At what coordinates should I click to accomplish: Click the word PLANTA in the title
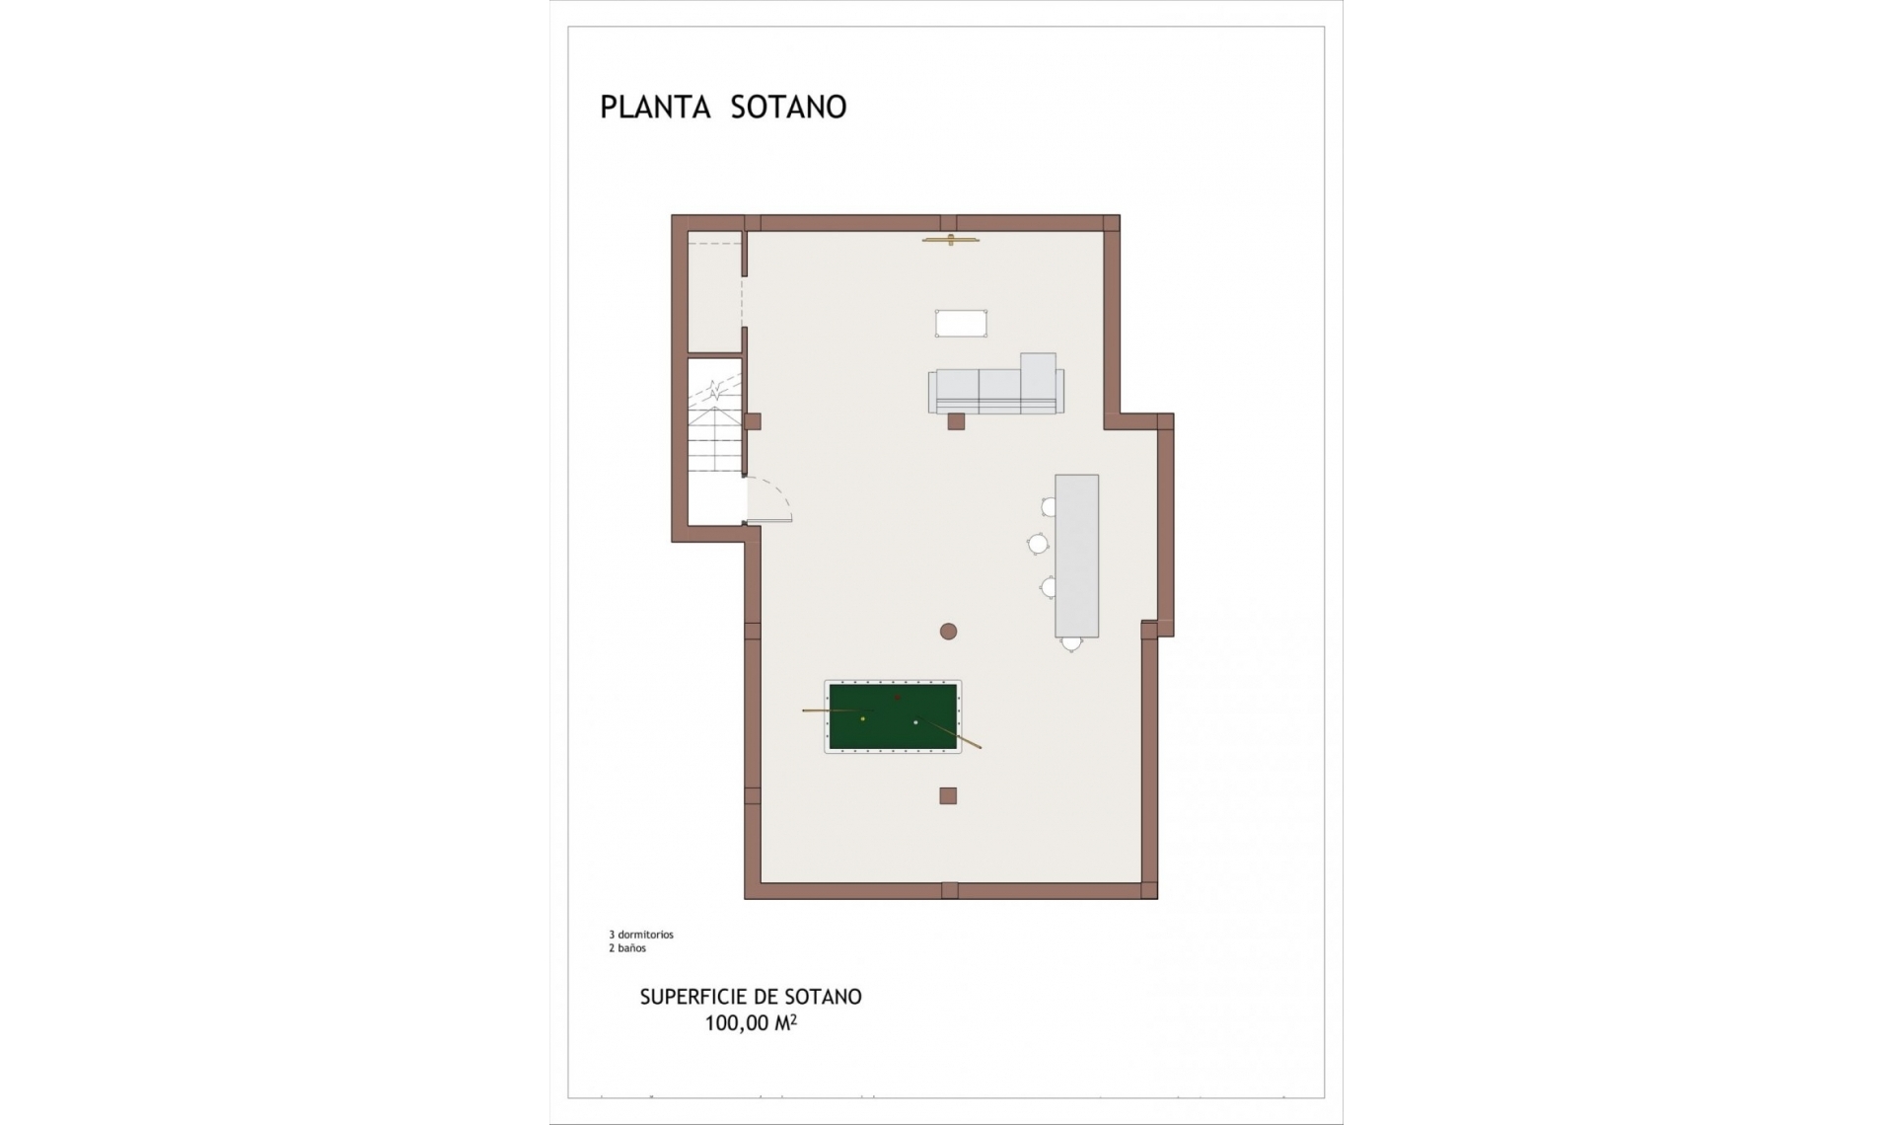655,108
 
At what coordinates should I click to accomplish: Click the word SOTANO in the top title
788,108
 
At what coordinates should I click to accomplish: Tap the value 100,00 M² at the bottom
750,1023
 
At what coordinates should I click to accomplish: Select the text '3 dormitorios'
641,935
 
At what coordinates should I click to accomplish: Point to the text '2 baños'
627,948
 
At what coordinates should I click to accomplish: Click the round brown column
948,632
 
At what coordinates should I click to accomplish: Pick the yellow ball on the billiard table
863,718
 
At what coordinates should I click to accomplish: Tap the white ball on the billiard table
916,722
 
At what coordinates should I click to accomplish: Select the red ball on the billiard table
897,698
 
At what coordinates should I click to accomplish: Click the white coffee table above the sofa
961,323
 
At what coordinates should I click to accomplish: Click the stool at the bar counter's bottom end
1071,644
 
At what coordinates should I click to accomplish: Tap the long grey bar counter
1076,556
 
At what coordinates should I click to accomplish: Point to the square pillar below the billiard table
948,795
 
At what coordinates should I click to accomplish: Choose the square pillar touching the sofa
955,421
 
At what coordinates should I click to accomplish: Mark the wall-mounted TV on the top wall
951,240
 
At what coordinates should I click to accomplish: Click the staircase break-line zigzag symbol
714,392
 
